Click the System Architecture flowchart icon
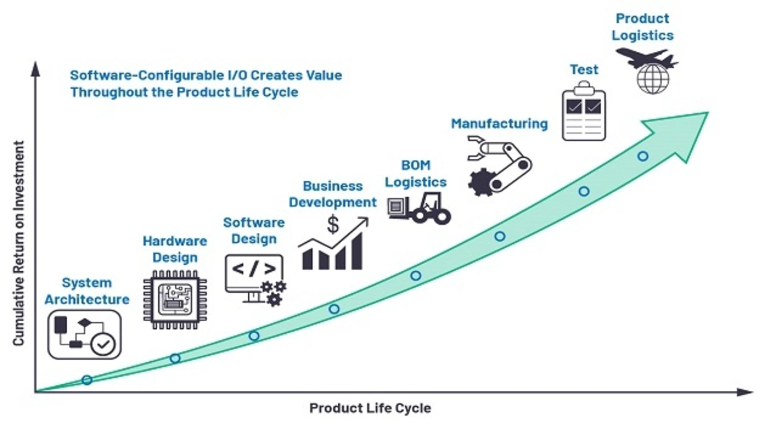click(x=85, y=334)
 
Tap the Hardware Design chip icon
click(x=175, y=299)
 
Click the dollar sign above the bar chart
click(x=333, y=224)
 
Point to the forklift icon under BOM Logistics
click(x=419, y=208)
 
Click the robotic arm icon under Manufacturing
click(x=499, y=165)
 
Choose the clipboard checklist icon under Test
click(x=584, y=111)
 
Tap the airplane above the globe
click(x=647, y=58)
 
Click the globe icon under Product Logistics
click(x=653, y=79)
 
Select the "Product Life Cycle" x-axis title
click(x=370, y=408)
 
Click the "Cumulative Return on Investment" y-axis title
click(x=18, y=243)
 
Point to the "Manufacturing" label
click(x=499, y=124)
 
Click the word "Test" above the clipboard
click(x=584, y=70)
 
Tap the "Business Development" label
click(x=333, y=194)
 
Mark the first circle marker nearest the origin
click(x=87, y=380)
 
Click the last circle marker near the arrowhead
click(x=642, y=156)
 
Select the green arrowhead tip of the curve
click(x=708, y=112)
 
